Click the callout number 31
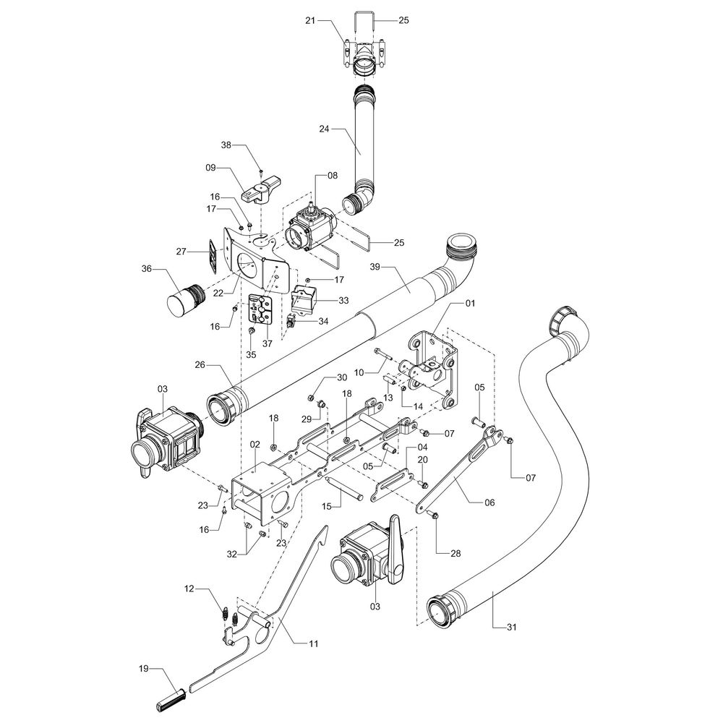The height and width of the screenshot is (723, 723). click(511, 627)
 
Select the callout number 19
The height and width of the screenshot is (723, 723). click(144, 669)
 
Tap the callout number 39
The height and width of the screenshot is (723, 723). click(375, 267)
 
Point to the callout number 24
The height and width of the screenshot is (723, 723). click(324, 129)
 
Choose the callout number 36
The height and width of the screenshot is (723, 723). click(147, 269)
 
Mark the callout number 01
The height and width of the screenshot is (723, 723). click(470, 304)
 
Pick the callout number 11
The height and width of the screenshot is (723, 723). click(314, 643)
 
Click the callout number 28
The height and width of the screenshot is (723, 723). click(455, 553)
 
